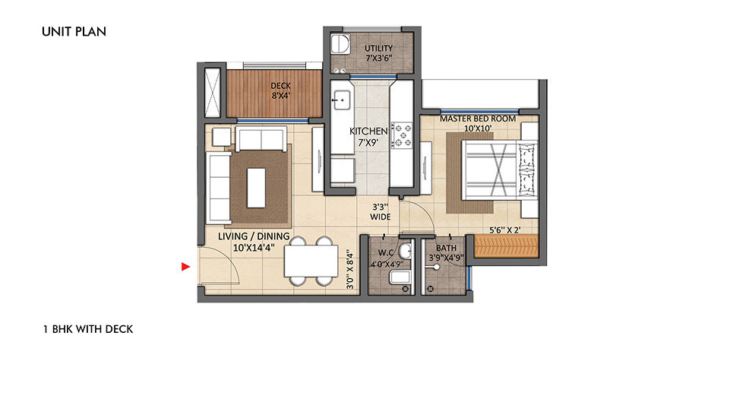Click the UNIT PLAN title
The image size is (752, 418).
click(x=74, y=32)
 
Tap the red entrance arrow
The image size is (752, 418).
click(x=186, y=266)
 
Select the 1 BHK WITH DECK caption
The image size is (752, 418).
click(x=88, y=329)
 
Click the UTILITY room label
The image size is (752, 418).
click(x=378, y=48)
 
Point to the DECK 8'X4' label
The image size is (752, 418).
click(x=280, y=90)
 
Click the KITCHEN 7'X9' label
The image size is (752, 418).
click(x=368, y=137)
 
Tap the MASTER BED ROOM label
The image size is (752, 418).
click(x=478, y=119)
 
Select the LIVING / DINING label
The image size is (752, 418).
click(x=254, y=236)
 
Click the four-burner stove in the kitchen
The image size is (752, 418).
click(x=402, y=135)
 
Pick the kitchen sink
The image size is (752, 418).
click(x=342, y=100)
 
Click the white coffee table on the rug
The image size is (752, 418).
click(x=256, y=187)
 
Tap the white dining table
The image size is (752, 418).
click(x=311, y=261)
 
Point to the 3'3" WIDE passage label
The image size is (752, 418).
click(x=381, y=212)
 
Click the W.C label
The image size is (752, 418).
click(x=386, y=252)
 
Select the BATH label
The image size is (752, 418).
click(x=446, y=248)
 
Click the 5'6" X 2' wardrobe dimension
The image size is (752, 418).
click(x=504, y=230)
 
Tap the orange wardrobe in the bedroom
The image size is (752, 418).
click(x=507, y=245)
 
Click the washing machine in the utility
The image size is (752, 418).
click(x=340, y=43)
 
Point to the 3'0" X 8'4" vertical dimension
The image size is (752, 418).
click(x=351, y=271)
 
